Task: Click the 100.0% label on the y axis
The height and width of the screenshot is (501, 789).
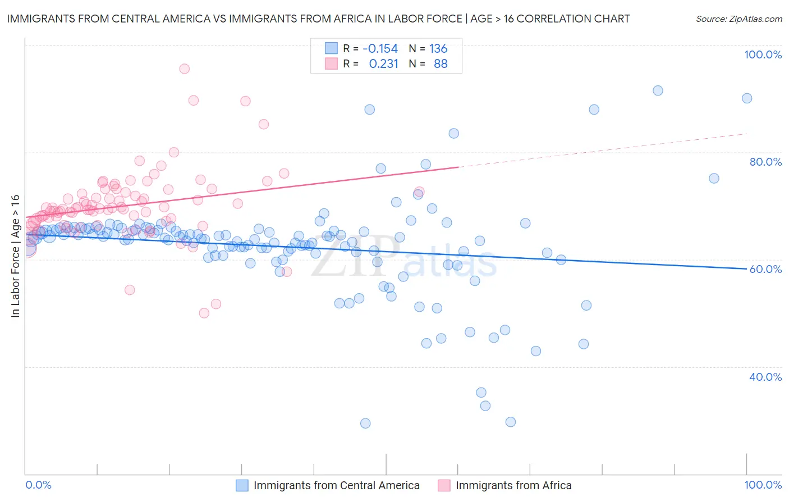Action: click(763, 54)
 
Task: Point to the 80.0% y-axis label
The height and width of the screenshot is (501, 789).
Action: click(765, 162)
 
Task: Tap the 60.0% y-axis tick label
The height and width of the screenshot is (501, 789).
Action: click(765, 269)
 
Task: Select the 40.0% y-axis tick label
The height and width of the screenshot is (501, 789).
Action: click(765, 377)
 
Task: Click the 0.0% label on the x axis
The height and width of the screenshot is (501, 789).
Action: click(38, 485)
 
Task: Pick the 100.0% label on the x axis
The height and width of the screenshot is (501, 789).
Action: click(763, 485)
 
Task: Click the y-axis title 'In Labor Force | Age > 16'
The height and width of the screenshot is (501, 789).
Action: click(16, 256)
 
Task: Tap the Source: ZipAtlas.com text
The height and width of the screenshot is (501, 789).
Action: click(738, 19)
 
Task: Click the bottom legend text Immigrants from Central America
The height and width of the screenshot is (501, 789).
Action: click(336, 485)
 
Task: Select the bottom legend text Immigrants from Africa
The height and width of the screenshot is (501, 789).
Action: click(513, 485)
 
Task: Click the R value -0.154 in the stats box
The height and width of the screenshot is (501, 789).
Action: click(380, 49)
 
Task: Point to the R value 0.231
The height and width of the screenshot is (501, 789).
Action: click(383, 64)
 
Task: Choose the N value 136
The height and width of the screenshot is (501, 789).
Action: click(438, 49)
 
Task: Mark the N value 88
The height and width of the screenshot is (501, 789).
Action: click(441, 64)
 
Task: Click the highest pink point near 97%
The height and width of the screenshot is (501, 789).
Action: click(184, 69)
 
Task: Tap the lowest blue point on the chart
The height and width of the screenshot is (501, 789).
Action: click(365, 423)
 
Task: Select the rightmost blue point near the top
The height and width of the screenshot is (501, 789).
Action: click(747, 98)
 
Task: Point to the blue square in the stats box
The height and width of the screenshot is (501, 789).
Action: click(332, 48)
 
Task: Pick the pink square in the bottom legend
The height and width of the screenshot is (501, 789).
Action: click(444, 485)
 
